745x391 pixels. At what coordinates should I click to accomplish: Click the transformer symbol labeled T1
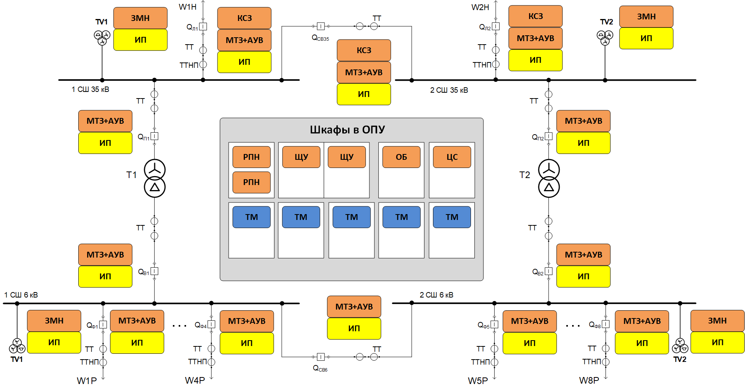coord(155,178)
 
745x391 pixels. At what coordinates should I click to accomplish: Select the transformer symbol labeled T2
coord(549,178)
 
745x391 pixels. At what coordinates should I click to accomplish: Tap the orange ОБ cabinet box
coord(401,157)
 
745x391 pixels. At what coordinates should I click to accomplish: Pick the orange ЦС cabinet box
coord(452,157)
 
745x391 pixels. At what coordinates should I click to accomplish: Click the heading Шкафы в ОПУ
coord(347,130)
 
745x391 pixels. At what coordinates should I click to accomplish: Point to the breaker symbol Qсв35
coord(321,26)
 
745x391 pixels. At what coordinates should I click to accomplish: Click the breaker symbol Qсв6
coord(321,357)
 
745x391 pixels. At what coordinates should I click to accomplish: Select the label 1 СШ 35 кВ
coord(90,90)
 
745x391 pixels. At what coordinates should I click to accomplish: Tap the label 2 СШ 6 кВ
coord(436,295)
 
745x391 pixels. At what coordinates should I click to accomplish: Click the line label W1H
coord(188,7)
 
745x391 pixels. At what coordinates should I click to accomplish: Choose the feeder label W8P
coord(589,381)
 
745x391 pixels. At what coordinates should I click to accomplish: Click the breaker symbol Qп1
coord(155,137)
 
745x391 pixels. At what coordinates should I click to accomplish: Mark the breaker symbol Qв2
coord(549,272)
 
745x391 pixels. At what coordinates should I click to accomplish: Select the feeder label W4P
coord(195,381)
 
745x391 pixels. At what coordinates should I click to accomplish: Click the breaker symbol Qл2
coord(496,26)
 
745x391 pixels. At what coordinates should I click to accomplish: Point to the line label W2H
coord(480,7)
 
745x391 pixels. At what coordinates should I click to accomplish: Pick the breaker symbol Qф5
coord(495,325)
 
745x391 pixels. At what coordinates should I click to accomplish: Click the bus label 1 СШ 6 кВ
coord(21,295)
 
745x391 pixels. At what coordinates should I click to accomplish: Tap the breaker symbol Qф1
coord(103,325)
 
